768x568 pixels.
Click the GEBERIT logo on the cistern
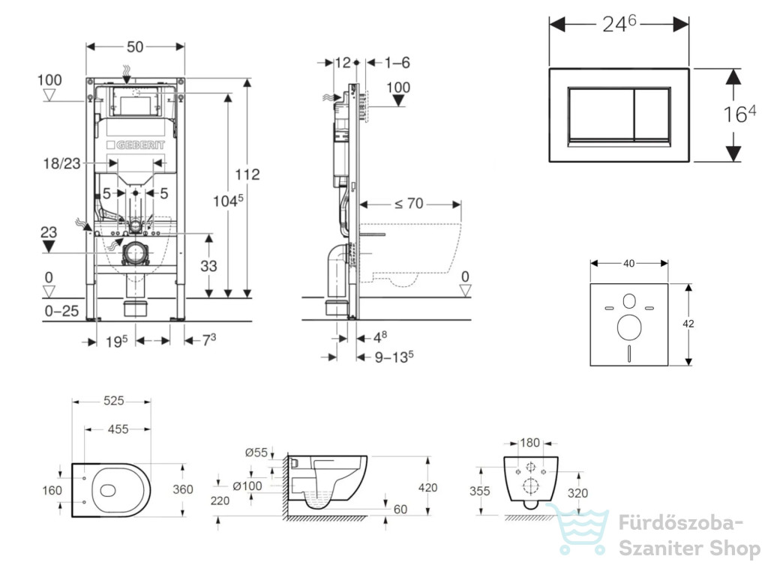coord(136,145)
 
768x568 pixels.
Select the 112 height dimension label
coord(247,174)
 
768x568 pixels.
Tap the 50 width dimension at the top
coord(135,47)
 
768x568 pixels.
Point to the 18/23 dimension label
coord(61,163)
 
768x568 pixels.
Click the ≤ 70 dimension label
coord(409,203)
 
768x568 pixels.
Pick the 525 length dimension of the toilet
coord(114,401)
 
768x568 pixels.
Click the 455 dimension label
coord(118,429)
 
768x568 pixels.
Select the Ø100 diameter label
coord(247,486)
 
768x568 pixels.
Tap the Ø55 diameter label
coord(256,453)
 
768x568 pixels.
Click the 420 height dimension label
coord(427,487)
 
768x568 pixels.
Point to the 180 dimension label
coord(530,443)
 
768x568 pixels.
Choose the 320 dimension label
coord(577,493)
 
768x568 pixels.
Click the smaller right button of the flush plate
coord(652,115)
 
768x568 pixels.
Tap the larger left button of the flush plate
coord(601,115)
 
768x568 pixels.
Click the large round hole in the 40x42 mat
coord(629,327)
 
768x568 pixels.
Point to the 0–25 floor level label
coord(61,311)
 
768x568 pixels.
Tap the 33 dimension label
coord(208,266)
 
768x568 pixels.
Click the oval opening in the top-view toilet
coord(108,490)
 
